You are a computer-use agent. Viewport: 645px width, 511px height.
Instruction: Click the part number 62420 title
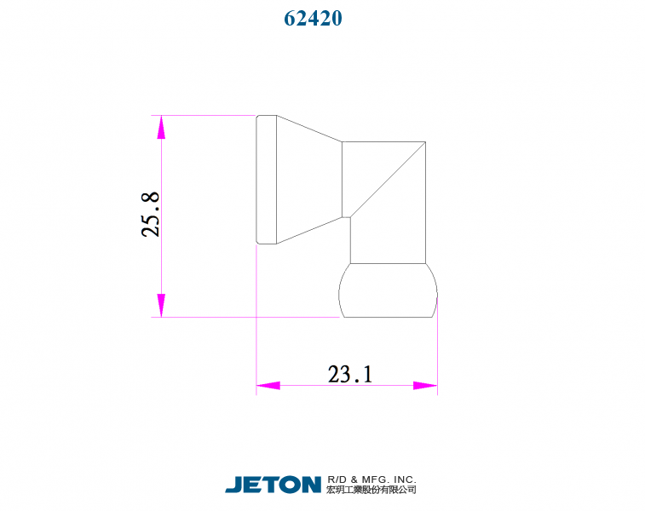tap(314, 18)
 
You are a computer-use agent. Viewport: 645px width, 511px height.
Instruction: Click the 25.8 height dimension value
tap(150, 214)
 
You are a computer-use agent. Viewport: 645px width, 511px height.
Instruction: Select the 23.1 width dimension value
tap(350, 374)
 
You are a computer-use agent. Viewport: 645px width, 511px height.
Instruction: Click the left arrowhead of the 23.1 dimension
tap(268, 386)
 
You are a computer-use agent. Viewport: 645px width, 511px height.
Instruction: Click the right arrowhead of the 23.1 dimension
tap(425, 386)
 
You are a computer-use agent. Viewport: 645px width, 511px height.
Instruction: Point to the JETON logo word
tap(273, 485)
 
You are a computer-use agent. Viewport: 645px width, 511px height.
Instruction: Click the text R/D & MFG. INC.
tap(371, 479)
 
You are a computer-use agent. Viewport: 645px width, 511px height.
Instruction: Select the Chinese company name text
tap(371, 491)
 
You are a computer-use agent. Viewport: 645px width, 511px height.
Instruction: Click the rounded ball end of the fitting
tap(389, 290)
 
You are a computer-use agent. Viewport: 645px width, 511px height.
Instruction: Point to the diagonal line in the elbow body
tap(388, 179)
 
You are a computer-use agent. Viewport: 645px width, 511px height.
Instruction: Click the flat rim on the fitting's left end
tap(266, 180)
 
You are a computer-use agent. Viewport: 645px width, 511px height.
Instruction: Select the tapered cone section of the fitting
tap(308, 180)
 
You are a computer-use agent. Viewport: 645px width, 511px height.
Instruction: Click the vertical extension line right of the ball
tap(437, 349)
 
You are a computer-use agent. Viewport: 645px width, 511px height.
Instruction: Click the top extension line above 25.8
tap(204, 115)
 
